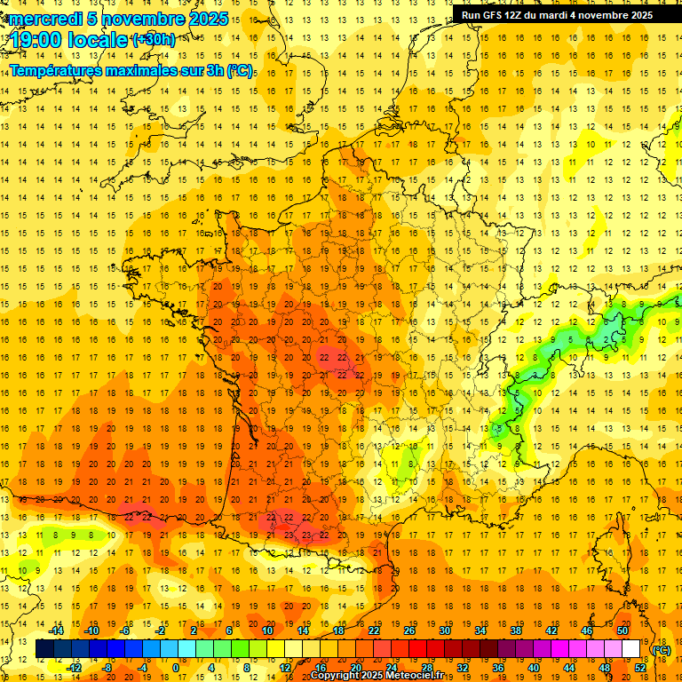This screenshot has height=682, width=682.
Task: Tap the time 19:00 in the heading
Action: [x=39, y=39]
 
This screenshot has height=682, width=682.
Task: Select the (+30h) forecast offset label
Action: [x=153, y=39]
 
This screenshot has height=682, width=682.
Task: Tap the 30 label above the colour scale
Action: [x=444, y=630]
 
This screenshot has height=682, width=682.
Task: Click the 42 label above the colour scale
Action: [x=551, y=630]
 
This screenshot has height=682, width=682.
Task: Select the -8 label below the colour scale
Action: [x=107, y=668]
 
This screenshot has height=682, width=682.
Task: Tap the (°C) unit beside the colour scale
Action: [x=662, y=650]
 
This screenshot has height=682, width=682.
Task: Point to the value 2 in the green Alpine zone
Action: [x=605, y=339]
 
